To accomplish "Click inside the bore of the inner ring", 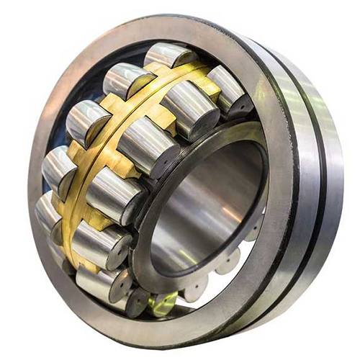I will tap(202, 209).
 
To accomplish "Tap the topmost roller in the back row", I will tap(167, 56).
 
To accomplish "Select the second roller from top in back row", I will tap(124, 79).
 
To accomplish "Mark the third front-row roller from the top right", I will tap(148, 140).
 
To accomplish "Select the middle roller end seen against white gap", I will tap(227, 263).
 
